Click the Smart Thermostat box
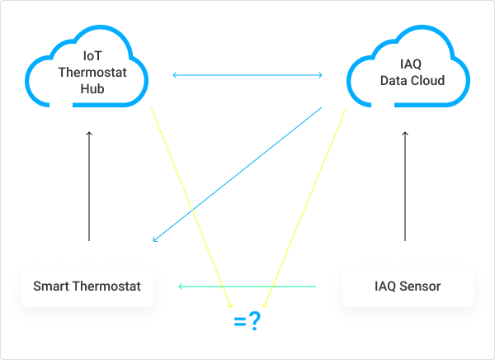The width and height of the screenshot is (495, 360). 87,287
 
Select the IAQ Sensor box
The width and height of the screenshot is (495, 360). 408,287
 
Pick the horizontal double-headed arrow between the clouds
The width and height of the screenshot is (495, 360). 247,76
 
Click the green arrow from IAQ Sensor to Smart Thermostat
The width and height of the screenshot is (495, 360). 247,287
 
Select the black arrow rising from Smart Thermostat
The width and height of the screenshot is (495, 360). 89,186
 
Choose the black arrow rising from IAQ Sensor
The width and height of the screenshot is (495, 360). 405,186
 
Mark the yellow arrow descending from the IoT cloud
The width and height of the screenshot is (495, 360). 191,206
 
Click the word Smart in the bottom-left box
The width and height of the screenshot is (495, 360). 49,287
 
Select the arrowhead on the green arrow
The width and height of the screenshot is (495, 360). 181,287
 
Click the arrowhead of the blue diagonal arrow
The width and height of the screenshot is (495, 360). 156,240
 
